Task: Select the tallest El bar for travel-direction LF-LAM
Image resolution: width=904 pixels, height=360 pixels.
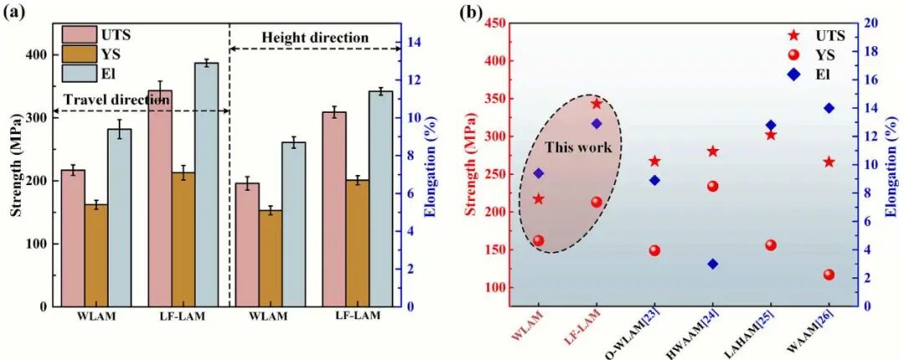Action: pyautogui.click(x=206, y=184)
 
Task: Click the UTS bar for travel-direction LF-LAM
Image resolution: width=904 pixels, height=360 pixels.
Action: pyautogui.click(x=159, y=198)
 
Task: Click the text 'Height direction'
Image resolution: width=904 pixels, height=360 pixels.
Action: pyautogui.click(x=315, y=38)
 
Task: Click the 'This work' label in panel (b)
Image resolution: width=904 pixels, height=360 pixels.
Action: pyautogui.click(x=578, y=148)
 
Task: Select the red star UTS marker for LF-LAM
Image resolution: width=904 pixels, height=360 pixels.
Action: pyautogui.click(x=596, y=104)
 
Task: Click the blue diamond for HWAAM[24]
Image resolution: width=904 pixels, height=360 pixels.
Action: pyautogui.click(x=712, y=264)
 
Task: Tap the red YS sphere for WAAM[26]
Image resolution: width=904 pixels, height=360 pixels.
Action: pyautogui.click(x=829, y=275)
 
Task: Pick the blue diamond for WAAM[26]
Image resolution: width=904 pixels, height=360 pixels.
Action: pyautogui.click(x=829, y=108)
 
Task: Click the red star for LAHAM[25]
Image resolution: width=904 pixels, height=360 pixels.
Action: pyautogui.click(x=771, y=135)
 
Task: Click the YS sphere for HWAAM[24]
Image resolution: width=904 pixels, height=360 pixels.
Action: pyautogui.click(x=712, y=186)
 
